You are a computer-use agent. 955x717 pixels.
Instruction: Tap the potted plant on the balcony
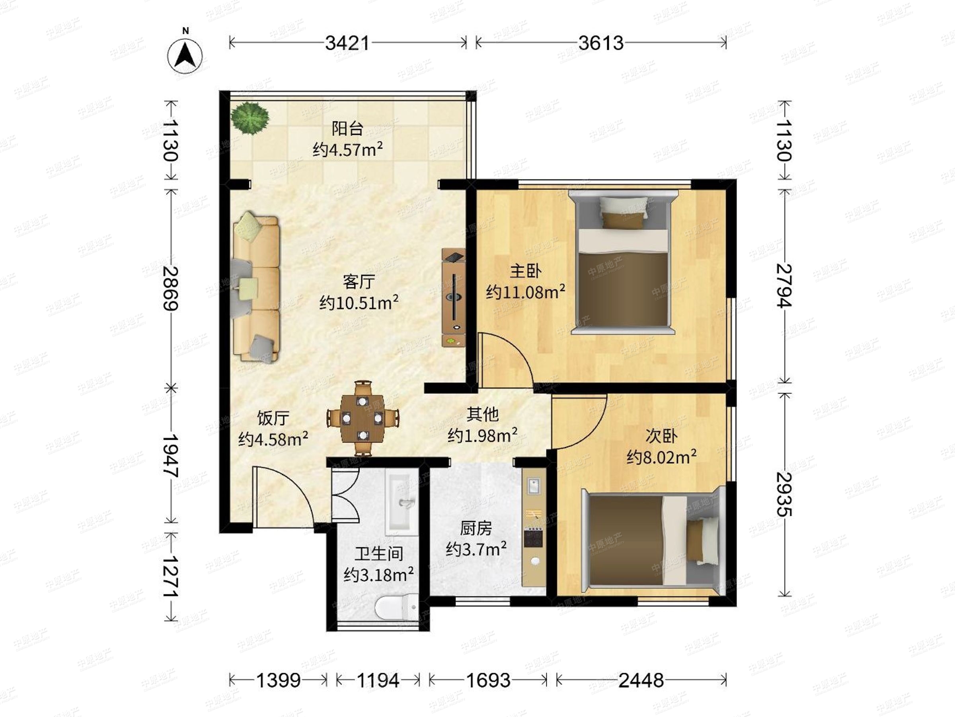click(249, 118)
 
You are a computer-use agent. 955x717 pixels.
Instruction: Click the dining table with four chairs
click(363, 418)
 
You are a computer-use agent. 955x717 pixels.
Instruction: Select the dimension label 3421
click(347, 43)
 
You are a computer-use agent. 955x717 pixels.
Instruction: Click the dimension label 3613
click(601, 43)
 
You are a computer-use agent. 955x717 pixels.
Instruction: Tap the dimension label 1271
click(171, 576)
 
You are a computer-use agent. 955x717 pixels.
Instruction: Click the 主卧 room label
click(525, 271)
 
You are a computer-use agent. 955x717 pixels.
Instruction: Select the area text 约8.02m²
click(661, 457)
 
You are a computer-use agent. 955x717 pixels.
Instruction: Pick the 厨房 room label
click(476, 528)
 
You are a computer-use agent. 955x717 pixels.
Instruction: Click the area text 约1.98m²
click(483, 435)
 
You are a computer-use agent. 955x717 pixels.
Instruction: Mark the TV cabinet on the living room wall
click(453, 297)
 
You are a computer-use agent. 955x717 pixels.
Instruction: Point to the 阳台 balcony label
click(347, 128)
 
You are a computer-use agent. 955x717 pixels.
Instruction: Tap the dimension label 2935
click(784, 494)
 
